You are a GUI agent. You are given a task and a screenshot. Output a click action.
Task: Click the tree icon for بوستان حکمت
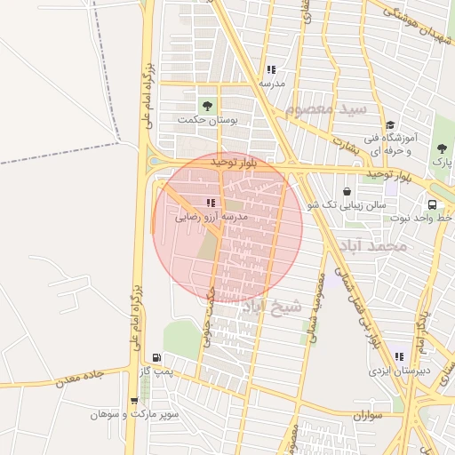click(x=210, y=106)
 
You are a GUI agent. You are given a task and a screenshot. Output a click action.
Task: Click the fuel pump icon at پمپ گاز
click(x=157, y=356)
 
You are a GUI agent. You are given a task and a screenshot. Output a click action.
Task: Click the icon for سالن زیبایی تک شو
click(x=347, y=191)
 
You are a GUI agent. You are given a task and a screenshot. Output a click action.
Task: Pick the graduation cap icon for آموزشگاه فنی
click(x=390, y=125)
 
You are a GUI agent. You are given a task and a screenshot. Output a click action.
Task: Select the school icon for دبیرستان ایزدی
click(x=399, y=357)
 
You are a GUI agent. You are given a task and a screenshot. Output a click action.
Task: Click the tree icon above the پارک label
click(x=442, y=149)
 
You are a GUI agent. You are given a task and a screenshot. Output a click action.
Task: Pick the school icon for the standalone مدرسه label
click(x=271, y=69)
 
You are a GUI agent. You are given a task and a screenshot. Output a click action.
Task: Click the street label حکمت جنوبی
click(x=211, y=316)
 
